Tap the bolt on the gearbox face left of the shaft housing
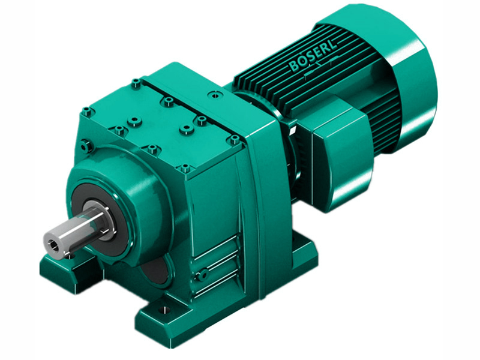(85, 144)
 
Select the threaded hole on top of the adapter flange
(213, 94)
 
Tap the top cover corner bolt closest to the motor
(235, 139)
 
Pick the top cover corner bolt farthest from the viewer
(136, 82)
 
